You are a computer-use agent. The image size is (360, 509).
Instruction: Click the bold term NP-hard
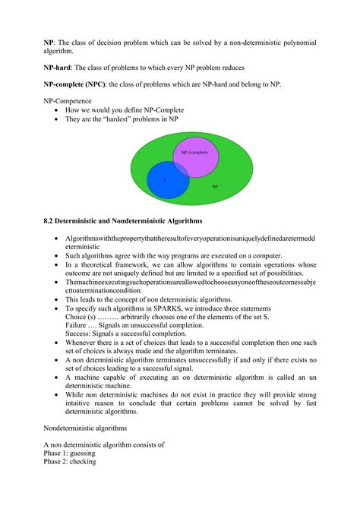click(58, 68)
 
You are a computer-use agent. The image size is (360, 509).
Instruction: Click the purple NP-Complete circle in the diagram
click(197, 156)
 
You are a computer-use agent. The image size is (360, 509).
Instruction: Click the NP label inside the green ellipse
click(215, 186)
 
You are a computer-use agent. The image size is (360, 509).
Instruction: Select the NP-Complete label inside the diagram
click(194, 153)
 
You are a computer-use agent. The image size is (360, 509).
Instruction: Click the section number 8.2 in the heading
click(49, 221)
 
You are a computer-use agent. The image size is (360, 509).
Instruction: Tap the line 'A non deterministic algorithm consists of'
click(104, 444)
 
